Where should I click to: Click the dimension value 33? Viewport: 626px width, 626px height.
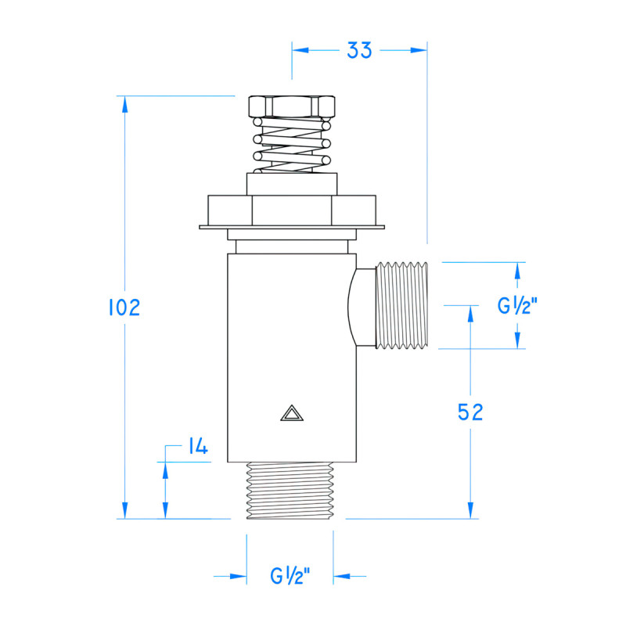point(359,50)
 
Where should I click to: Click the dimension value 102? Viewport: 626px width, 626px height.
point(124,308)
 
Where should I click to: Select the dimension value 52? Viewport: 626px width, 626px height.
point(469,412)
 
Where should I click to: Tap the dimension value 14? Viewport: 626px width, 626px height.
point(196,447)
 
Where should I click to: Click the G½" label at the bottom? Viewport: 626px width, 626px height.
point(290,577)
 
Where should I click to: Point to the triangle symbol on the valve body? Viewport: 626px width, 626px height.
point(290,413)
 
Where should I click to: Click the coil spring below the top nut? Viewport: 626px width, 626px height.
point(291,149)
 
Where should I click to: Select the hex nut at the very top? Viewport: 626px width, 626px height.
point(291,106)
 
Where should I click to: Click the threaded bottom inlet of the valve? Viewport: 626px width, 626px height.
point(290,491)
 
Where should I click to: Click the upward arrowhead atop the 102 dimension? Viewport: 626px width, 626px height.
point(124,104)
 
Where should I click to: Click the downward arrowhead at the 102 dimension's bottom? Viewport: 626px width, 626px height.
point(124,509)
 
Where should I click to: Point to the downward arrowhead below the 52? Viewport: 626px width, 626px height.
point(469,509)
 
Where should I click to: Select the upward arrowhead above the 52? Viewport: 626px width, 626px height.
point(469,314)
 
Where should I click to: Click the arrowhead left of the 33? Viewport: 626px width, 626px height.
point(301,50)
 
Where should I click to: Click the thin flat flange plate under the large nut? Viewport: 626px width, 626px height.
point(291,228)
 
